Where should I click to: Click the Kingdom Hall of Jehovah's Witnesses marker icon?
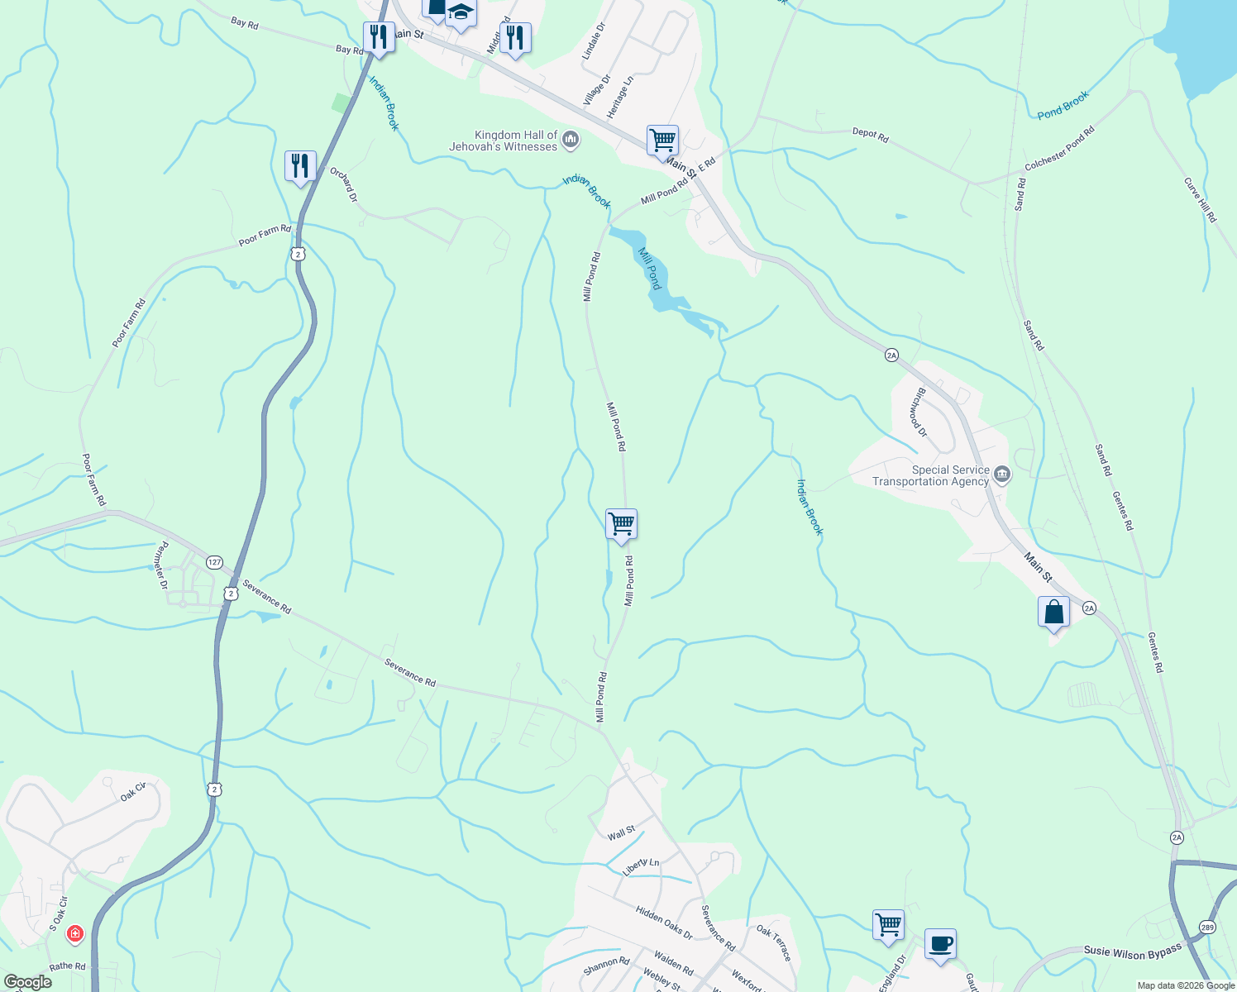(x=571, y=141)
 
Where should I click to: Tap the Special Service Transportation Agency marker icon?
(x=1002, y=475)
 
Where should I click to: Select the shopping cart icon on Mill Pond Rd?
(x=621, y=524)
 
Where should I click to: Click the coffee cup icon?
(x=940, y=944)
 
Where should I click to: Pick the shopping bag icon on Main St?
(x=1053, y=613)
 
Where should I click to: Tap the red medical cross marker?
(x=74, y=934)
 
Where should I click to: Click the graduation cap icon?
(x=461, y=12)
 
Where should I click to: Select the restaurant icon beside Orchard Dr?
(x=299, y=166)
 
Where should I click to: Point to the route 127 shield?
(x=214, y=562)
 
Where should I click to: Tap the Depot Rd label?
(x=870, y=135)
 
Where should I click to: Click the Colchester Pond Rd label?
(x=1059, y=148)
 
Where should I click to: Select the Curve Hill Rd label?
(x=1200, y=200)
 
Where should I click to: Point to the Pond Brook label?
(x=1063, y=105)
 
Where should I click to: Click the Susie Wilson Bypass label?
(x=1132, y=952)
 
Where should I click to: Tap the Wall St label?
(x=621, y=833)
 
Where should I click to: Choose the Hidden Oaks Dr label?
(x=664, y=922)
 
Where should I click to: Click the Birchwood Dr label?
(x=918, y=413)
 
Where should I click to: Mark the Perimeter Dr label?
(x=163, y=565)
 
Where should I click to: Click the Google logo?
(x=27, y=982)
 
